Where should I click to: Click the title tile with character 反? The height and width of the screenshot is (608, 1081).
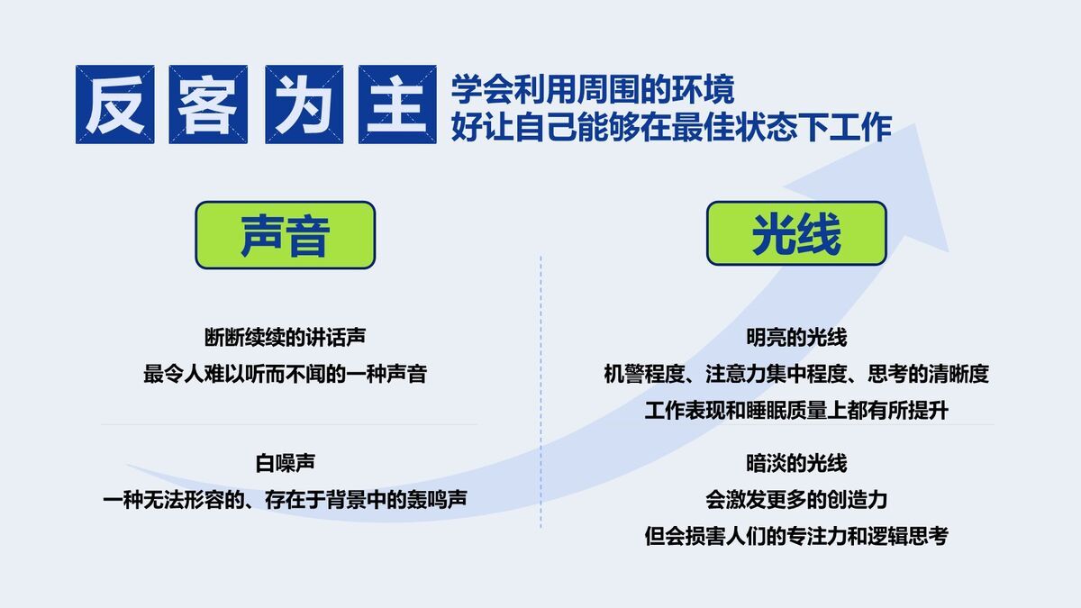click(114, 104)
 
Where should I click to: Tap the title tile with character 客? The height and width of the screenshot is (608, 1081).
click(208, 104)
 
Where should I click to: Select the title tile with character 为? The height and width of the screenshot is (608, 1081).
click(303, 104)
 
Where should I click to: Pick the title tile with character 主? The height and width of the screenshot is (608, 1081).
click(397, 104)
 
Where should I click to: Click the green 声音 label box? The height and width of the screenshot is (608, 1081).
click(285, 235)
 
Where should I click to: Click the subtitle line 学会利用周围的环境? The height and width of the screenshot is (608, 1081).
click(593, 89)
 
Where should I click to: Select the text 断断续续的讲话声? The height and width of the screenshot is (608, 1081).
click(285, 338)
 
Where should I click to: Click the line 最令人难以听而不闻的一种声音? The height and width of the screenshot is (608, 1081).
click(285, 374)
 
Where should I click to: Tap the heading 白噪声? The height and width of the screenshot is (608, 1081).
click(285, 464)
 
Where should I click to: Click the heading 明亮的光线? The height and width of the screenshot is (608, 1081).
click(796, 338)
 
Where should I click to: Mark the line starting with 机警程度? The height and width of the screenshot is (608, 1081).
click(796, 374)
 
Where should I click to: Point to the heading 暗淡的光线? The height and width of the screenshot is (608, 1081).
click(796, 464)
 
